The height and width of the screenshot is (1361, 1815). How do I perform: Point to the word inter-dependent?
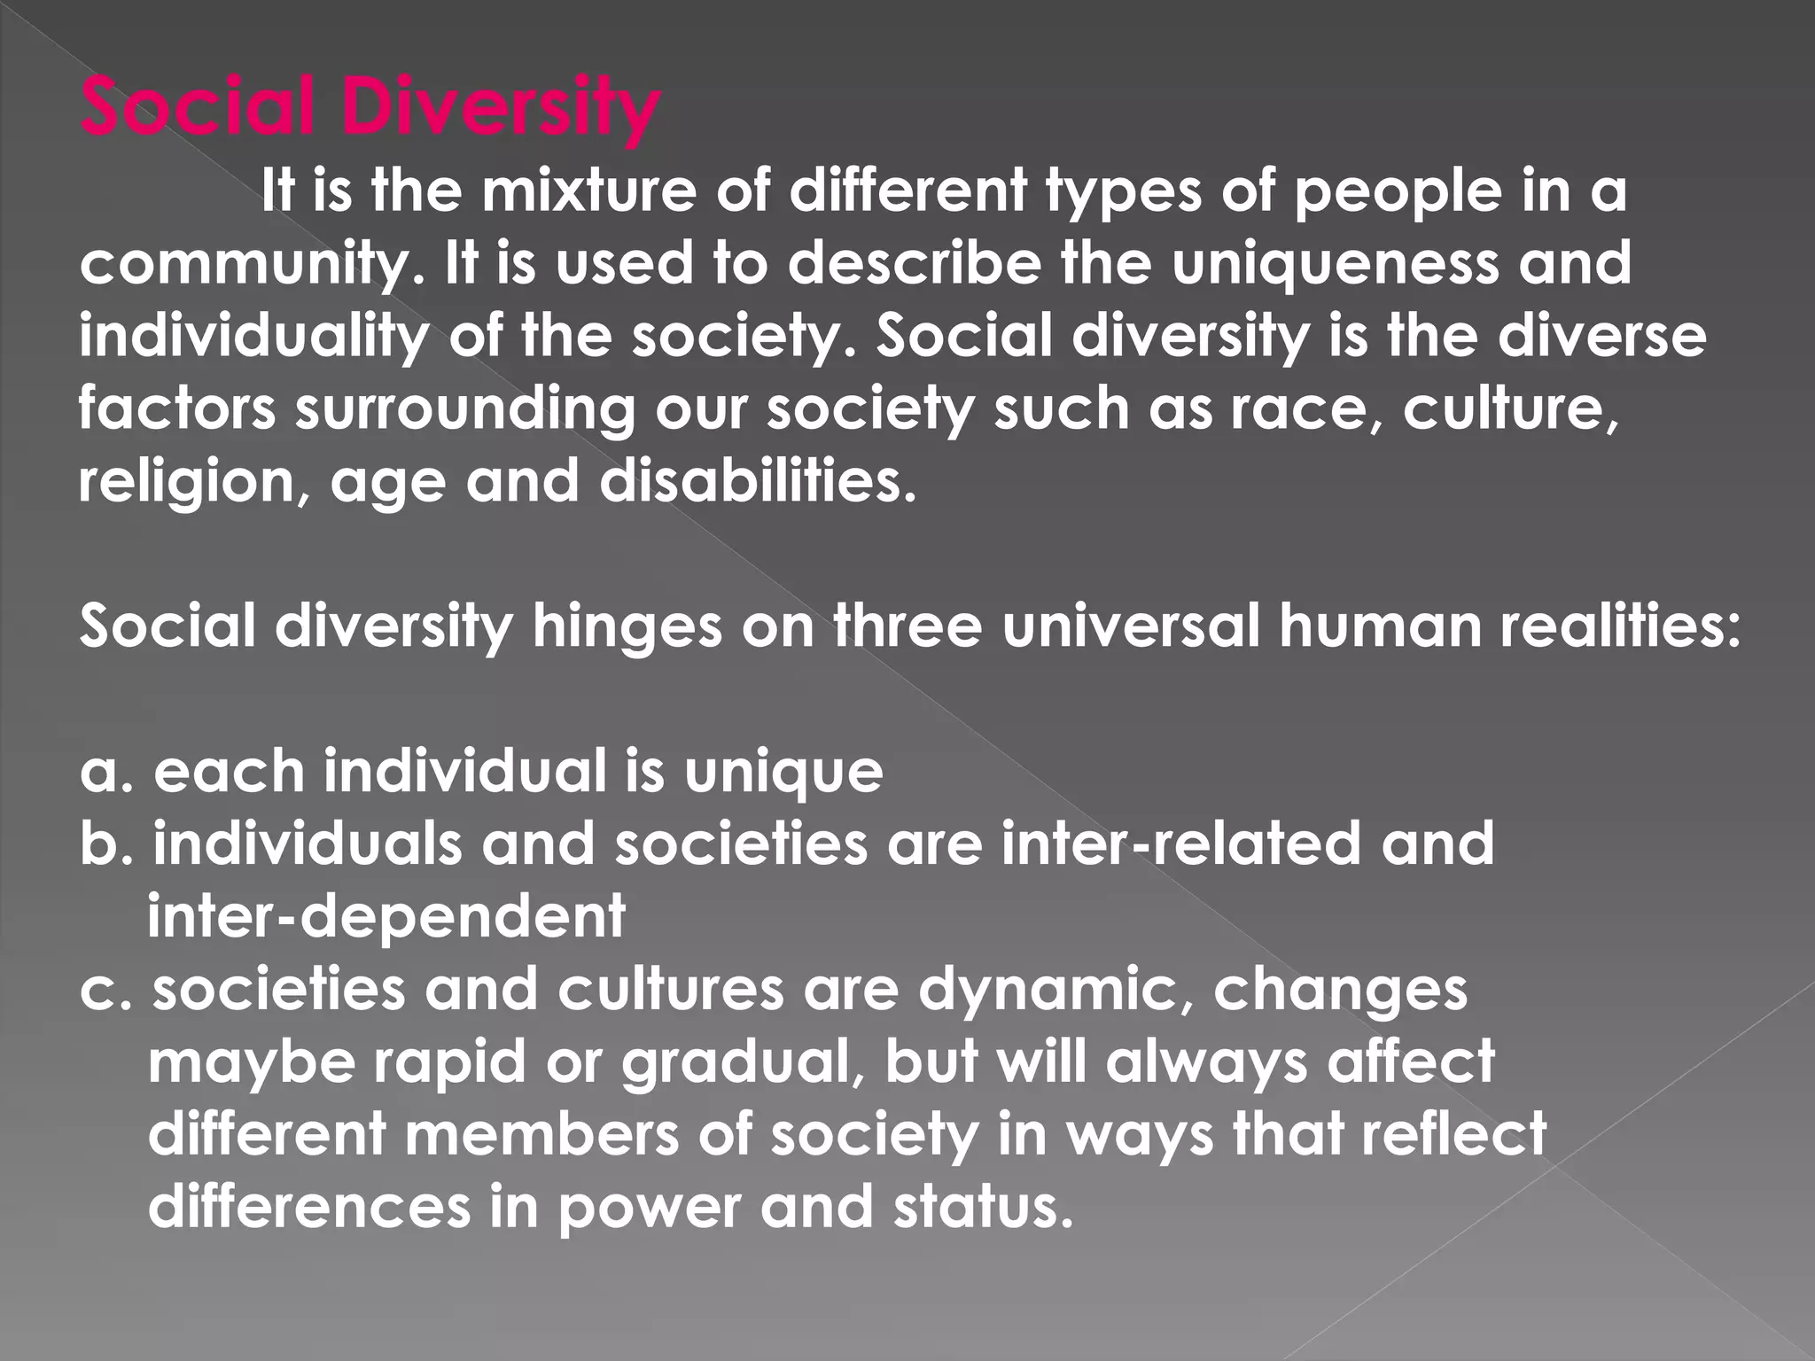point(386,917)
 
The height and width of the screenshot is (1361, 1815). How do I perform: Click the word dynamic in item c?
point(1056,990)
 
